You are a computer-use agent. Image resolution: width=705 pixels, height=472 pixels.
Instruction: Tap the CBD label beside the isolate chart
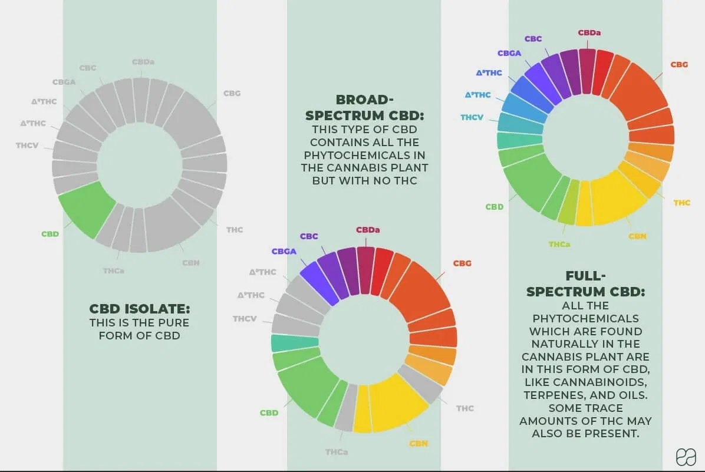pos(50,234)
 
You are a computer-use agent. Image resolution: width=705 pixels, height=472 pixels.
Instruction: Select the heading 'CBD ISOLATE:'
pos(140,309)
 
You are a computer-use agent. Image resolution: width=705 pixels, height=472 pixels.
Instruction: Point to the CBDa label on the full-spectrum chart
pos(589,33)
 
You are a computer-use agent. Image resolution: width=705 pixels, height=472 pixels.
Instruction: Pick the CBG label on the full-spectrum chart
pos(679,64)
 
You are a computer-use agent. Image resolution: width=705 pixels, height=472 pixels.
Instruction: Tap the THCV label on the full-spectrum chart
pos(472,117)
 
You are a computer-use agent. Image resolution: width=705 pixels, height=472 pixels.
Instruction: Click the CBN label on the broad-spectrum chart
pos(419,443)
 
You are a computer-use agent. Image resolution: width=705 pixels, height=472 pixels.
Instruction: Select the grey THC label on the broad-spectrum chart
pos(464,408)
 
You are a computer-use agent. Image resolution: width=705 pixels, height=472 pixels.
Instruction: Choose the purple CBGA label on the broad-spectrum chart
pos(284,251)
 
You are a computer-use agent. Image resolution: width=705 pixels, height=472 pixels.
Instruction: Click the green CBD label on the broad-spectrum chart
pos(269,412)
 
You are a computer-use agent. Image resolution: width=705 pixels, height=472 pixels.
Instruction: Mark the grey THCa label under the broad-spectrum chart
pos(336,452)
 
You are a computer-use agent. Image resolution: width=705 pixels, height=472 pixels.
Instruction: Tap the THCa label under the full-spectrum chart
pos(559,244)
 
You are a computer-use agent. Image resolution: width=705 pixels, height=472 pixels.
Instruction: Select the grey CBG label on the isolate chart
pos(232,93)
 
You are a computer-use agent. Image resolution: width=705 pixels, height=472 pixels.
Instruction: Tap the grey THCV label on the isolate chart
pos(27,145)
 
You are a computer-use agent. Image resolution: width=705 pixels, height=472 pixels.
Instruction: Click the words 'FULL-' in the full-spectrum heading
pos(585,276)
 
